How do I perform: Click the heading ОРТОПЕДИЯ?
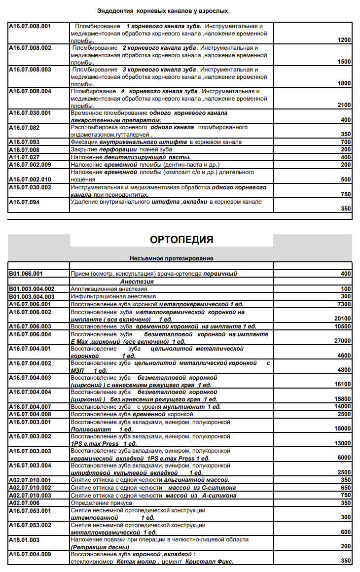click(x=181, y=240)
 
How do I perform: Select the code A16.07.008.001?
click(x=30, y=26)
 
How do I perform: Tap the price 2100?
click(x=344, y=105)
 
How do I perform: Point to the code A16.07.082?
click(x=24, y=128)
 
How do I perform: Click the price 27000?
click(x=342, y=341)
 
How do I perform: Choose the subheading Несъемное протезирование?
click(x=171, y=258)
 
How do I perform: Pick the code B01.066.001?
click(x=26, y=274)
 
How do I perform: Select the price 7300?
click(x=344, y=305)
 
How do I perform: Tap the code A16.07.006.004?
click(x=30, y=334)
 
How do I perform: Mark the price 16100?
click(x=342, y=384)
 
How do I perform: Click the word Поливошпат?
click(x=90, y=429)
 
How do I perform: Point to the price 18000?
click(x=342, y=429)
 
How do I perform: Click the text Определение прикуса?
click(x=101, y=503)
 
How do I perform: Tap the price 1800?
click(x=344, y=83)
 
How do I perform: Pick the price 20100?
click(x=342, y=319)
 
